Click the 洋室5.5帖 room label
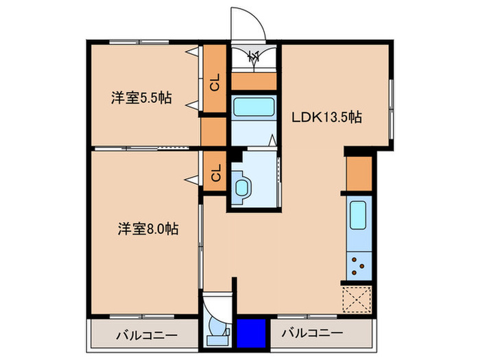pos(141,98)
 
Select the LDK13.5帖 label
pos(327,117)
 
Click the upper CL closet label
pos(215,83)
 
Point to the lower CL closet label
pos(215,174)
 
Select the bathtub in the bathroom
pos(254,106)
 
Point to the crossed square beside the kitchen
pos(358,299)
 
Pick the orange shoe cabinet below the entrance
pos(253,81)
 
